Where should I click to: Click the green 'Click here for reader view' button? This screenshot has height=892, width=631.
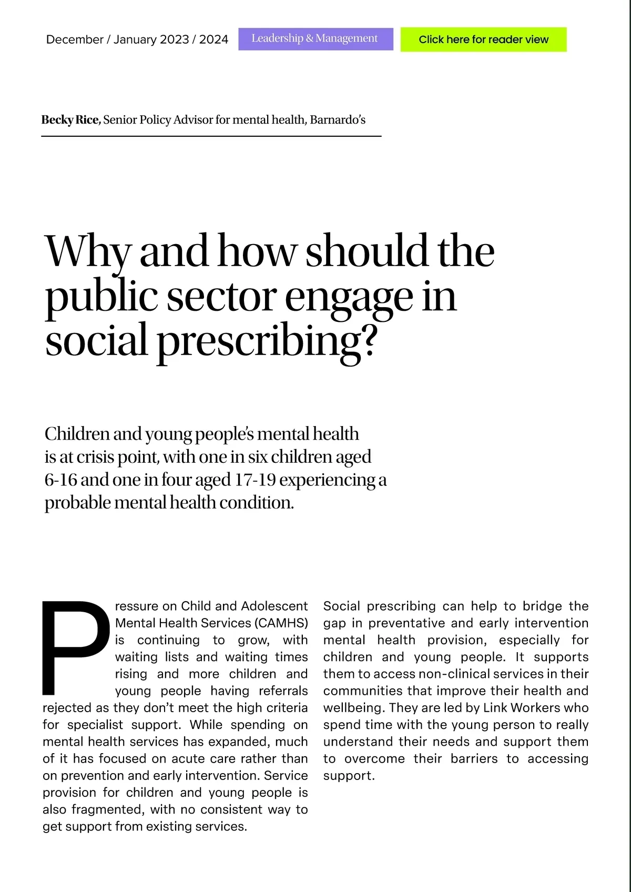(x=483, y=39)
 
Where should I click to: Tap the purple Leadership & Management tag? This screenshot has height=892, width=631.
(x=315, y=39)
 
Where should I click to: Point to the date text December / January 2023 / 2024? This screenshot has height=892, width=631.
(x=137, y=39)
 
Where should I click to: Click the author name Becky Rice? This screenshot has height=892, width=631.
(x=70, y=120)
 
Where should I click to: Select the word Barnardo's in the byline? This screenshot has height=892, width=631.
(x=338, y=120)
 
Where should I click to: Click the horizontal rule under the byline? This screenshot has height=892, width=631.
(x=211, y=136)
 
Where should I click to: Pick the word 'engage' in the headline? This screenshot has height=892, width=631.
(x=349, y=297)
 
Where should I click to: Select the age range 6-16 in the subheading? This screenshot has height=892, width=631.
(x=62, y=480)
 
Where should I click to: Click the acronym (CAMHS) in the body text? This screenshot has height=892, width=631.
(x=281, y=623)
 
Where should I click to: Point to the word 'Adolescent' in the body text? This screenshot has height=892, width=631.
(x=274, y=606)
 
